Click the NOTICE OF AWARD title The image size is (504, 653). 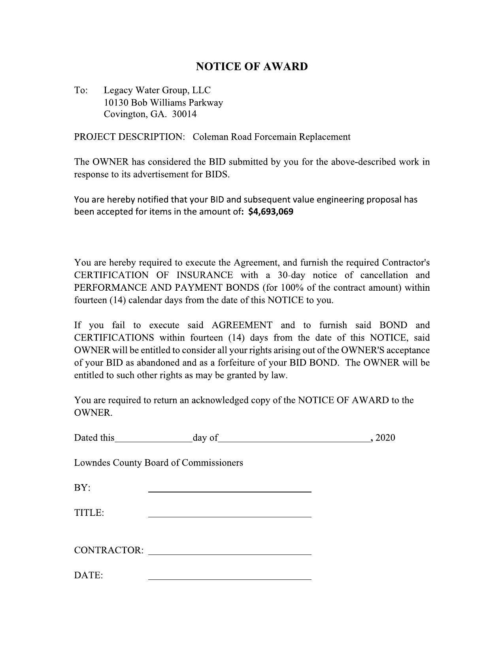[252, 66]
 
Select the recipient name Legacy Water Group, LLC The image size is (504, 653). [157, 90]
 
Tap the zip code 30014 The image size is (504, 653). [185, 114]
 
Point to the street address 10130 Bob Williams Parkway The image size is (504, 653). [163, 102]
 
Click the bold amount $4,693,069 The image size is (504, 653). [271, 212]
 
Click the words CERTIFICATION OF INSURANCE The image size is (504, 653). [153, 275]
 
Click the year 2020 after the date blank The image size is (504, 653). [385, 438]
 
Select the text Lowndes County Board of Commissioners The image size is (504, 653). [159, 463]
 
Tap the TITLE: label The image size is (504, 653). [89, 513]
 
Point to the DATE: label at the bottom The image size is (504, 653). [89, 575]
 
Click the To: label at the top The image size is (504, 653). [81, 91]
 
